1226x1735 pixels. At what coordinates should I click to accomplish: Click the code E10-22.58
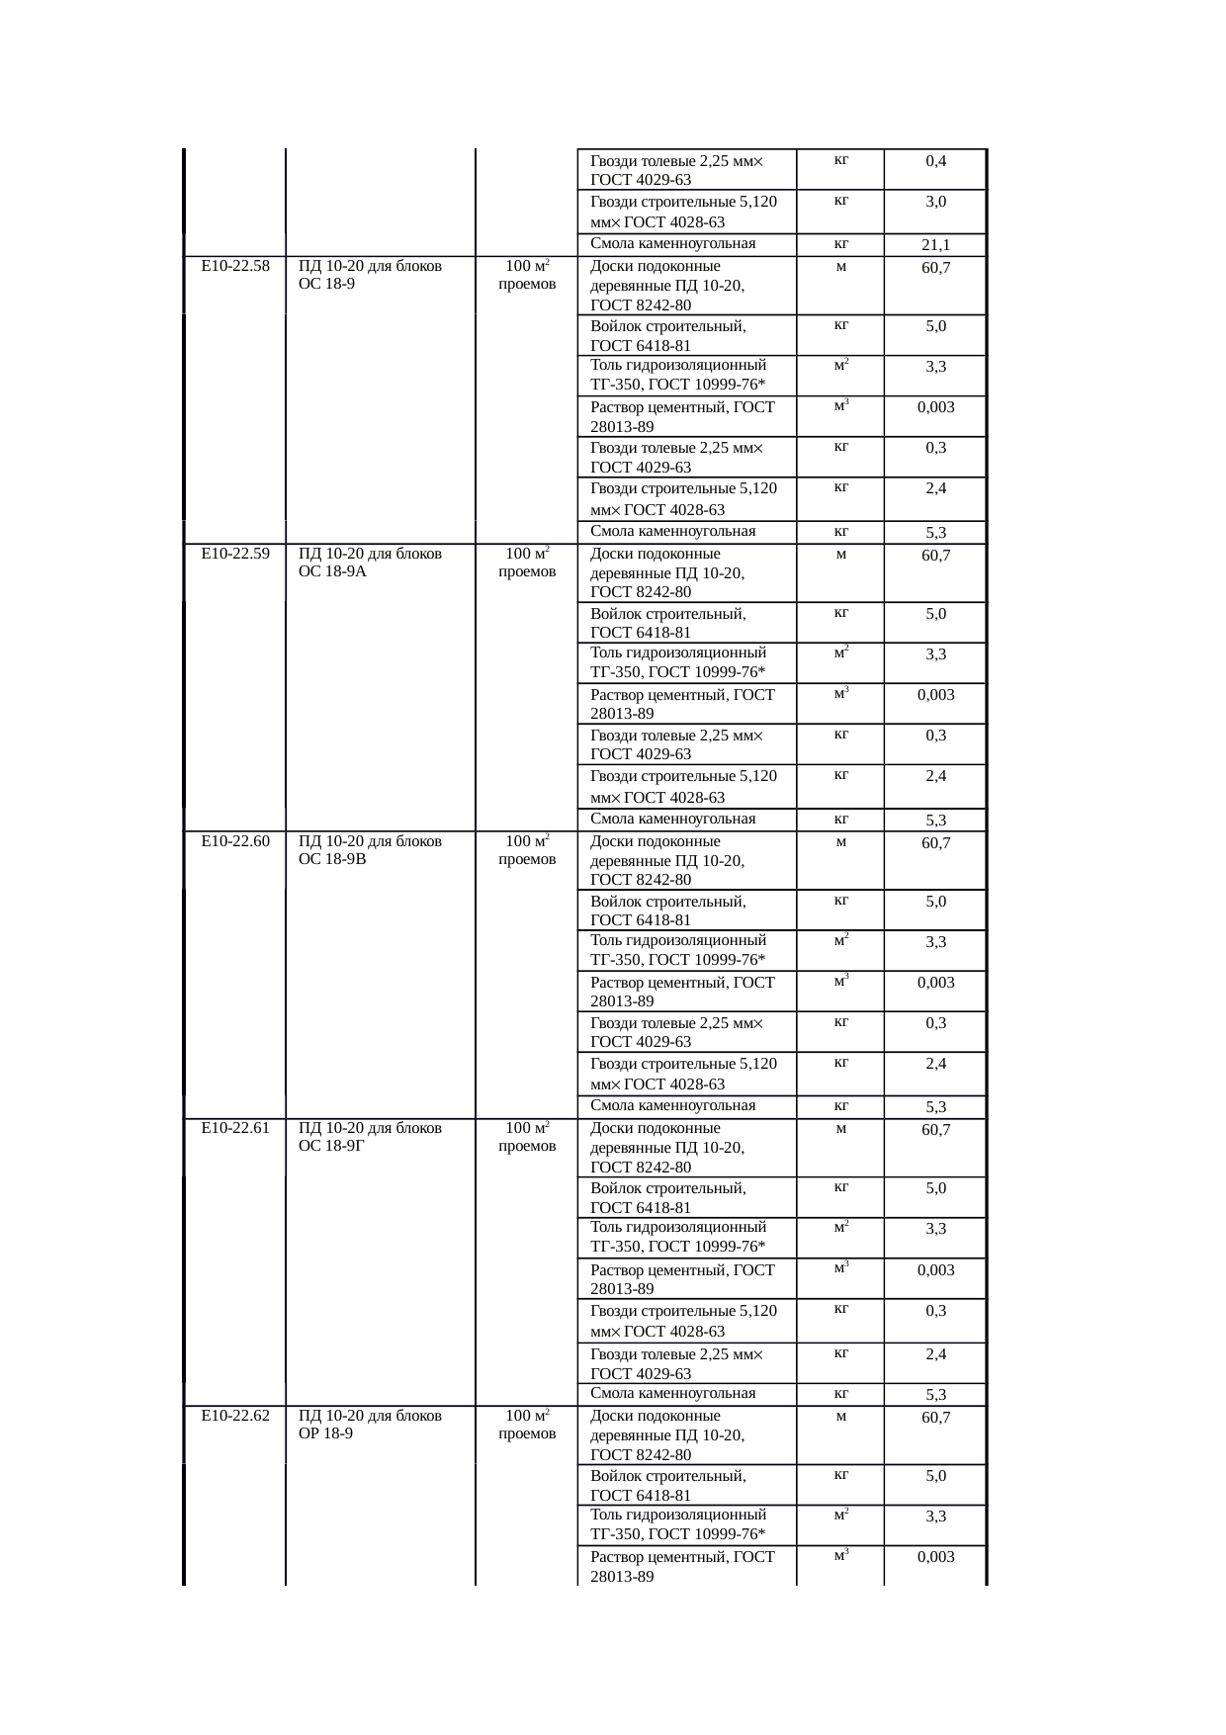pos(235,266)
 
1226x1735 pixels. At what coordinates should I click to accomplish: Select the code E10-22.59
pos(235,554)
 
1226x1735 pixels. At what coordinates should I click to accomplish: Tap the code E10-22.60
pos(235,841)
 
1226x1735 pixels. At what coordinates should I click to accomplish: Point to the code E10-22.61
pos(235,1128)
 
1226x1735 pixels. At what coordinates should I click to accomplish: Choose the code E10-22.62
pos(235,1416)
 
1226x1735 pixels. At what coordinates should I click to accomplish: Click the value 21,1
pos(935,245)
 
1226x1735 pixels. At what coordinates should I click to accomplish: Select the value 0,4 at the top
pos(935,161)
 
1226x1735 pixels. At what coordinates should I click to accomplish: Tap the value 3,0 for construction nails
pos(935,202)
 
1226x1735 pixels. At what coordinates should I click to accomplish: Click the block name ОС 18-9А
pos(332,572)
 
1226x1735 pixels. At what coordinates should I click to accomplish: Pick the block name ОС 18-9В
pos(332,860)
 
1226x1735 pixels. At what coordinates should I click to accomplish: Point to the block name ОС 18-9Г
pos(332,1147)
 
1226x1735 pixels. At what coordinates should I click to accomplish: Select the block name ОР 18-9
pos(326,1434)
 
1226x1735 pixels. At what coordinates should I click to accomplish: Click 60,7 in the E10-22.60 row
pos(935,843)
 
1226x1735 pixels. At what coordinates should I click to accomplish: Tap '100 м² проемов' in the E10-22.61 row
pos(527,1137)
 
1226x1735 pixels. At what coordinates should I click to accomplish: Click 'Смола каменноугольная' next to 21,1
pos(672,244)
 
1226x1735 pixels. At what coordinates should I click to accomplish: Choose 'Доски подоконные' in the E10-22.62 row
pos(656,1416)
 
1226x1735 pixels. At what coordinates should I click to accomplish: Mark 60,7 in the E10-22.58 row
pos(935,268)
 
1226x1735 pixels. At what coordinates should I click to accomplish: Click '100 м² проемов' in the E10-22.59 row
pos(527,563)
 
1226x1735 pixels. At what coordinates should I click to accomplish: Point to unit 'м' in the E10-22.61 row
pos(840,1129)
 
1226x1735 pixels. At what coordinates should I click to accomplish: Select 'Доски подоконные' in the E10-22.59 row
pos(656,554)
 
